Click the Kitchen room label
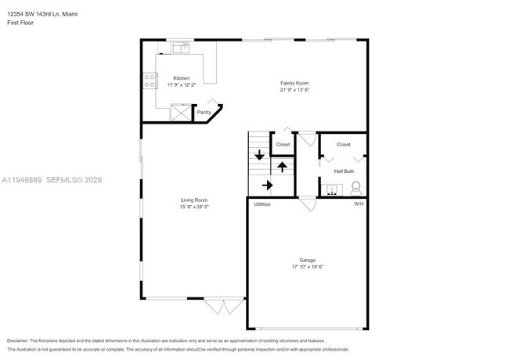(181, 78)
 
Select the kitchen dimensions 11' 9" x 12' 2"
(181, 85)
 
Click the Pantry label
(204, 113)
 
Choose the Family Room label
(295, 83)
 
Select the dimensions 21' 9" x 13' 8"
(295, 89)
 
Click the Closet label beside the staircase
(283, 144)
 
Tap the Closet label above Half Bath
(344, 144)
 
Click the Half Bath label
(344, 171)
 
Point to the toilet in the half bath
(356, 188)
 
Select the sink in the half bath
(333, 189)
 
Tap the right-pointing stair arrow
(266, 185)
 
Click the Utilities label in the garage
(262, 204)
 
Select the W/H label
(359, 204)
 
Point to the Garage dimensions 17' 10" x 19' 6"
(307, 267)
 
